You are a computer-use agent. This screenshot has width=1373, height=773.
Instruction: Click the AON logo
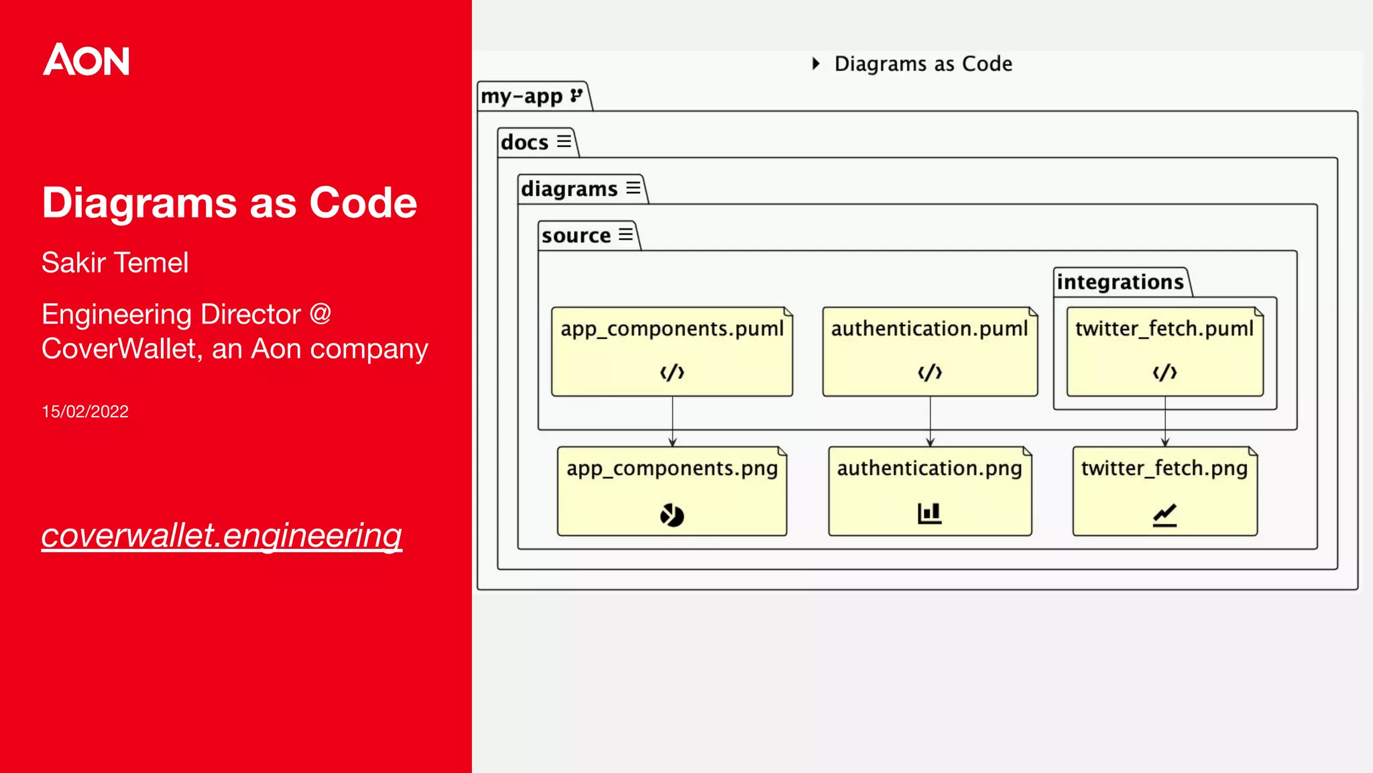(86, 60)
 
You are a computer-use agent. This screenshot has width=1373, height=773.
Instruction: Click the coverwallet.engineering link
(221, 535)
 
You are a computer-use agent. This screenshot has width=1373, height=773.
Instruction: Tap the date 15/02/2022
(85, 411)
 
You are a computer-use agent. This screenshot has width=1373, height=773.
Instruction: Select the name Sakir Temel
(115, 262)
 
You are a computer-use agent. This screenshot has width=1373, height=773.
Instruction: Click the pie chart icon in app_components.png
(672, 515)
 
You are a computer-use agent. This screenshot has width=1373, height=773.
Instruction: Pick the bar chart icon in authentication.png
(929, 514)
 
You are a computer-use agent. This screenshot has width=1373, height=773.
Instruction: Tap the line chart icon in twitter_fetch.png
(1165, 515)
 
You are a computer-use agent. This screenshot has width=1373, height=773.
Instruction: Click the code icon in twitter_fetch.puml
(1165, 372)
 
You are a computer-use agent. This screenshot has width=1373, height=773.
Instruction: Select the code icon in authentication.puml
(930, 372)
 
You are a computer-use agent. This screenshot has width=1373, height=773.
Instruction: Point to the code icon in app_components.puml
(672, 372)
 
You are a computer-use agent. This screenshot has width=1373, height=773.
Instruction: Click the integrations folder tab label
(1120, 282)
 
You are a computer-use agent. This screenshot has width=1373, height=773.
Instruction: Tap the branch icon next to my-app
(576, 95)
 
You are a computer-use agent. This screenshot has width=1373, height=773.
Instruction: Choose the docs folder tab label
(525, 142)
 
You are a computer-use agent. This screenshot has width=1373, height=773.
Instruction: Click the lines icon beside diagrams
(633, 188)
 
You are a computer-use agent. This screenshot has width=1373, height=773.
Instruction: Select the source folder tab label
(576, 236)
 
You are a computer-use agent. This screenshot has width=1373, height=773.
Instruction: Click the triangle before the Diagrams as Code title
(816, 64)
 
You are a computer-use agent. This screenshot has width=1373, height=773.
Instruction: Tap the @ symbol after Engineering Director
(320, 314)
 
